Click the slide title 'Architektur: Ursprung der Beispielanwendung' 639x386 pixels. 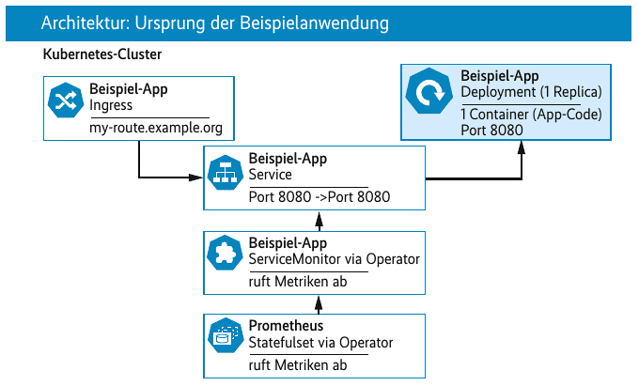[215, 23]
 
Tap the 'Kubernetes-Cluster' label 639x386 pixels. [102, 54]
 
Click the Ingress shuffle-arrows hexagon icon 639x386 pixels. [66, 100]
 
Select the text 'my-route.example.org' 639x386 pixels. [156, 128]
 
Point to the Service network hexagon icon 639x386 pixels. [226, 173]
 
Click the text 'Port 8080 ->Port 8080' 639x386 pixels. [319, 197]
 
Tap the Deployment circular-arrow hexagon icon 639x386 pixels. [429, 91]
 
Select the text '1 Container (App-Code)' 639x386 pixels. [532, 115]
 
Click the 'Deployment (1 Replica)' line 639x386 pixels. [532, 92]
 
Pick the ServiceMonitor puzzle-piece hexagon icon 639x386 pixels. [226, 253]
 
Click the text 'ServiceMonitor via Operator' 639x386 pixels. [335, 259]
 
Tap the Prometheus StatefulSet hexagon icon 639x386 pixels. [226, 336]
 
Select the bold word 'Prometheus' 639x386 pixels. [286, 326]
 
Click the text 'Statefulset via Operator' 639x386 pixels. [320, 343]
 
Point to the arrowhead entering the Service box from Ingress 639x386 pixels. [196, 178]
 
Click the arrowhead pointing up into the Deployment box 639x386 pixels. [522, 147]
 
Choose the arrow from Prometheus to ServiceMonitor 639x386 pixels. [319, 304]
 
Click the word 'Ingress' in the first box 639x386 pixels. [111, 105]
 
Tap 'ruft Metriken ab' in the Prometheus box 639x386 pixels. [298, 364]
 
